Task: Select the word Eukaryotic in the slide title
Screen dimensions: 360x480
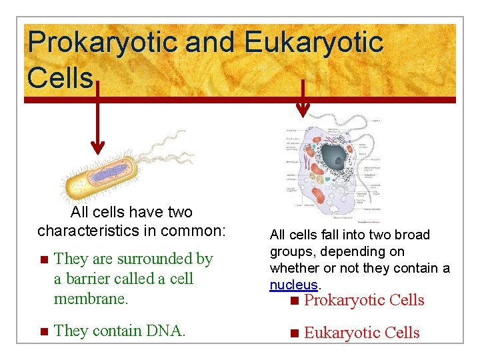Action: point(313,43)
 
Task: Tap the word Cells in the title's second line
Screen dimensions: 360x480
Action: point(60,77)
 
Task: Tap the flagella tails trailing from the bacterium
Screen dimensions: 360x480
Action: point(160,150)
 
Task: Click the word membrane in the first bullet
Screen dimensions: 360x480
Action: point(90,298)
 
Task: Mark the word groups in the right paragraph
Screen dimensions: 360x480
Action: point(291,251)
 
